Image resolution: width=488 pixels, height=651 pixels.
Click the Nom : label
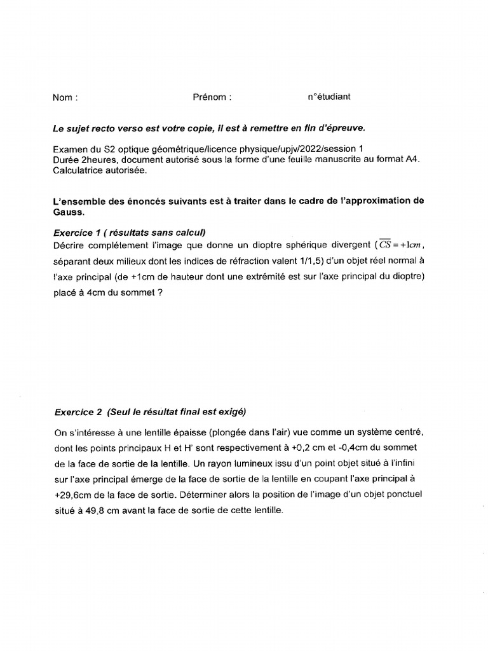pos(65,98)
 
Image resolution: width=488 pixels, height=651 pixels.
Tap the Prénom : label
pos(212,97)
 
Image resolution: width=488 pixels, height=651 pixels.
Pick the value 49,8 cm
pos(107,510)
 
